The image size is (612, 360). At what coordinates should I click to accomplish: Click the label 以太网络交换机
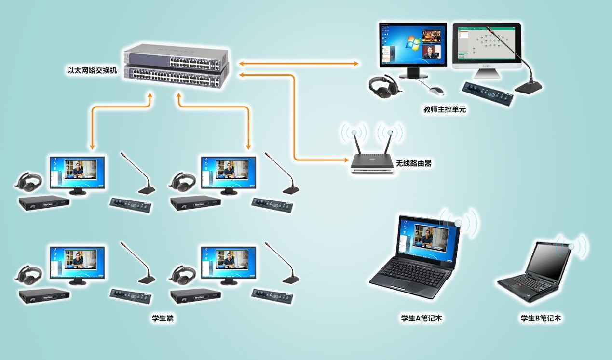pyautogui.click(x=92, y=70)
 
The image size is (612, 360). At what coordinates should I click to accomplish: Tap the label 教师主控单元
pyautogui.click(x=444, y=110)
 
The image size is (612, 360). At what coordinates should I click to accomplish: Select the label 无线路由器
pyautogui.click(x=413, y=164)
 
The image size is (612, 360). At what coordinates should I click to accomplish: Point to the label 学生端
pyautogui.click(x=163, y=319)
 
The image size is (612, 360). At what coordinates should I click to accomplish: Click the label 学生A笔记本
pyautogui.click(x=422, y=319)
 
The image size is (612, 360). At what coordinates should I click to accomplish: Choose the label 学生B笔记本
pyautogui.click(x=541, y=319)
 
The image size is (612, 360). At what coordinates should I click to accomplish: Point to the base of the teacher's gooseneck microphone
pyautogui.click(x=528, y=86)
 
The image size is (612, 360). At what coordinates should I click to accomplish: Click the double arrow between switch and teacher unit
pyautogui.click(x=299, y=63)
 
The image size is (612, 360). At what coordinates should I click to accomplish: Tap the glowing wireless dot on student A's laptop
pyautogui.click(x=458, y=223)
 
